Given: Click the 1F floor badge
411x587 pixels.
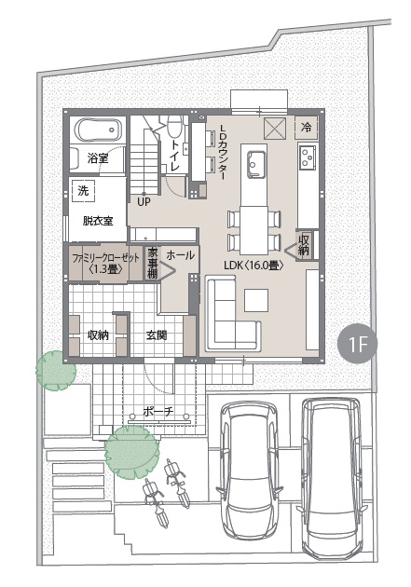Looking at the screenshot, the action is tap(357, 344).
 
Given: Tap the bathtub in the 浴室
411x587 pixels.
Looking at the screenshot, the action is tap(99, 130).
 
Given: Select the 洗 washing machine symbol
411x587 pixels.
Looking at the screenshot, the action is tap(83, 191).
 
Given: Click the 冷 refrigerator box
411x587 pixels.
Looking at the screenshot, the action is tap(307, 128).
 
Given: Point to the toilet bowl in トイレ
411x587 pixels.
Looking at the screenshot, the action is tap(173, 126).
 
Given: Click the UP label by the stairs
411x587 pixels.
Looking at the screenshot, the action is tap(144, 202).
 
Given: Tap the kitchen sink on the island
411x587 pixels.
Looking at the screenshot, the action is tap(256, 163).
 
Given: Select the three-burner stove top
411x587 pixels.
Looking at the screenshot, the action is tap(308, 157).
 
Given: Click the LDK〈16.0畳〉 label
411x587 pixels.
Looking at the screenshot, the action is tap(253, 266).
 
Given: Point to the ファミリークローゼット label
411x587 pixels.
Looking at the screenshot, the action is tap(105, 258).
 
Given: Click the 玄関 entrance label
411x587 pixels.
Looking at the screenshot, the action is tap(157, 335).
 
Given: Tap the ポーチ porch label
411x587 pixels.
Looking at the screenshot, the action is tap(158, 412).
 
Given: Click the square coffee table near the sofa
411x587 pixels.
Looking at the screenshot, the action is tap(256, 300).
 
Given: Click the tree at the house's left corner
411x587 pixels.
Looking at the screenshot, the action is tap(56, 371).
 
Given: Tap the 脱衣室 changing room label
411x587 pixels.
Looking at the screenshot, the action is tap(98, 221).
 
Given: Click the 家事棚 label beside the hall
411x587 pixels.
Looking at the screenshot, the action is tap(152, 263).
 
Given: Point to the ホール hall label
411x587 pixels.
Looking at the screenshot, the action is tap(181, 255).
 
